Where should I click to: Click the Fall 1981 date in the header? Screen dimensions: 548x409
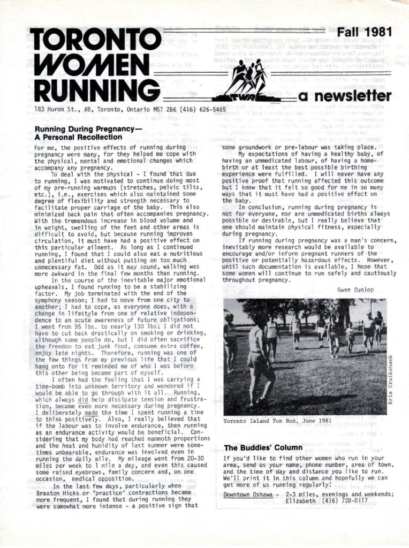click(364, 32)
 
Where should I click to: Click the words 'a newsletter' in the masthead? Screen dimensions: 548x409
click(345, 96)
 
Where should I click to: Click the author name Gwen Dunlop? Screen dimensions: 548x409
click(356, 290)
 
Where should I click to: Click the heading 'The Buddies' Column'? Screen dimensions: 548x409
click(263, 447)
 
